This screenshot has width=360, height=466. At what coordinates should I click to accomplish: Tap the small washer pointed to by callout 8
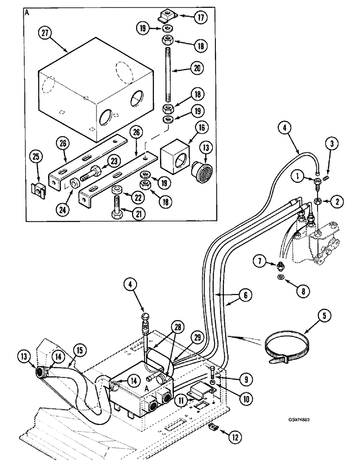pos(280,278)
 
